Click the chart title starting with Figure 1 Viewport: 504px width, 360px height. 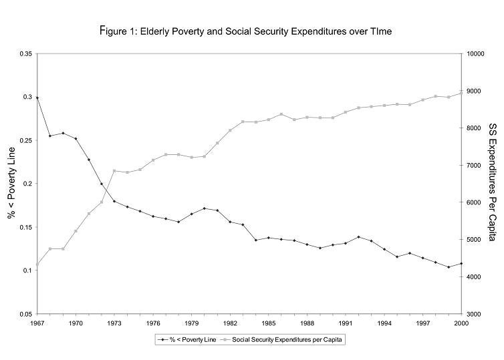(x=251, y=31)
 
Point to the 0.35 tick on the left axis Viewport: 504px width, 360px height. (x=25, y=54)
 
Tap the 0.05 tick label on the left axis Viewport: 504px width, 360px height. (x=25, y=314)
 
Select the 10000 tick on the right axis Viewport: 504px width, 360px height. (x=477, y=54)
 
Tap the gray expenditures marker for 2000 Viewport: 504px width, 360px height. (x=461, y=92)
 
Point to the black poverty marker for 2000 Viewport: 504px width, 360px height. (x=461, y=264)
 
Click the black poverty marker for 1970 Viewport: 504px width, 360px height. (x=76, y=139)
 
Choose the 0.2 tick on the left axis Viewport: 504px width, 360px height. (x=27, y=184)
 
